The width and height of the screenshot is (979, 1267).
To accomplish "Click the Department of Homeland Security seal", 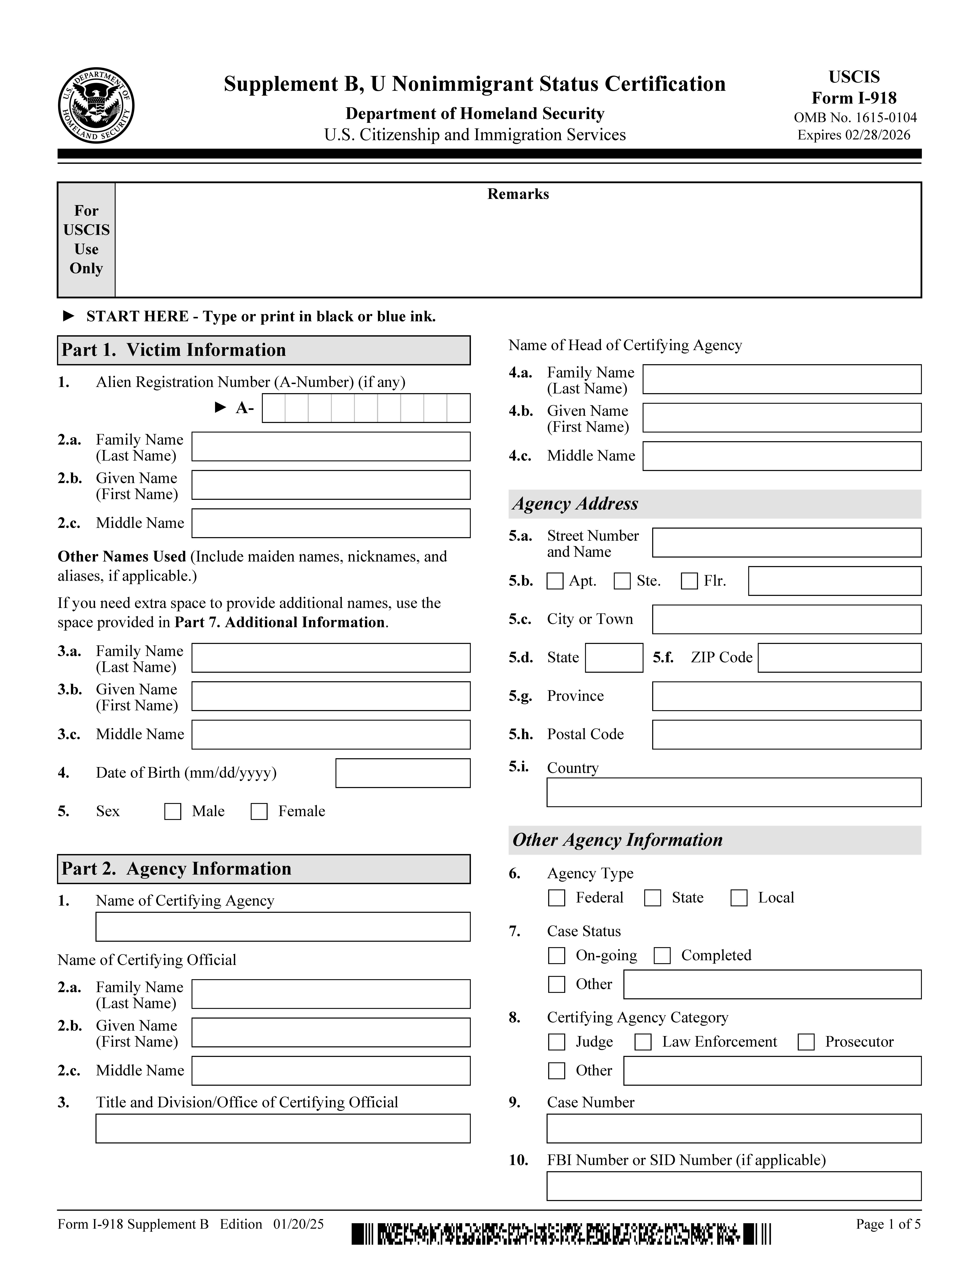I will click(96, 105).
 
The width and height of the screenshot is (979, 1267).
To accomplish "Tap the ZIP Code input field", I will click(839, 658).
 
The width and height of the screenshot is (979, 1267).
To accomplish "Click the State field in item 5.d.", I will click(614, 658).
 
